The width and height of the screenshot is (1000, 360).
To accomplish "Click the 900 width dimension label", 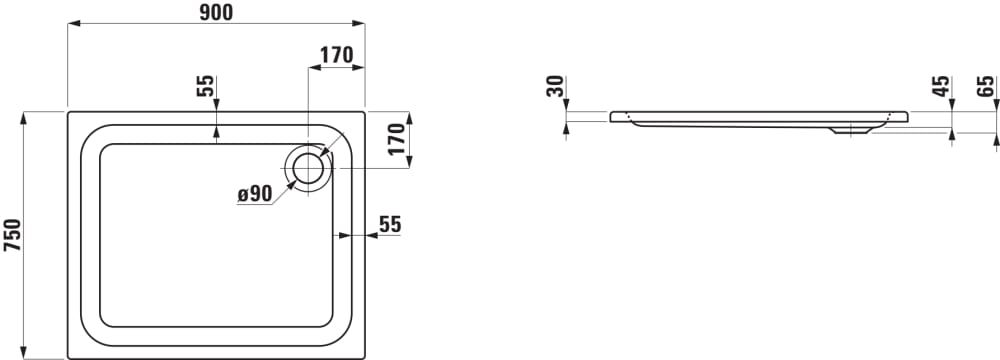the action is (x=216, y=11).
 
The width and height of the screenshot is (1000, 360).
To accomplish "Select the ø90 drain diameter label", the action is (x=255, y=193).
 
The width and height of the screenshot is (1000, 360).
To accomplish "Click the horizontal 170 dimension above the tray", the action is (x=336, y=56).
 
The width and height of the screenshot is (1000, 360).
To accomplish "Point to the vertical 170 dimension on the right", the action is (x=397, y=139).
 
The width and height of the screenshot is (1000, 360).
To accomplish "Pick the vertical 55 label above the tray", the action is (x=205, y=86).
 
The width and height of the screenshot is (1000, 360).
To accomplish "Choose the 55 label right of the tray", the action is (x=390, y=224).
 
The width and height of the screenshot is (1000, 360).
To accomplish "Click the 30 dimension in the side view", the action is (x=556, y=86).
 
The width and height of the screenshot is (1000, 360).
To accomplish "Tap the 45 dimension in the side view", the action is (x=941, y=86).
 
